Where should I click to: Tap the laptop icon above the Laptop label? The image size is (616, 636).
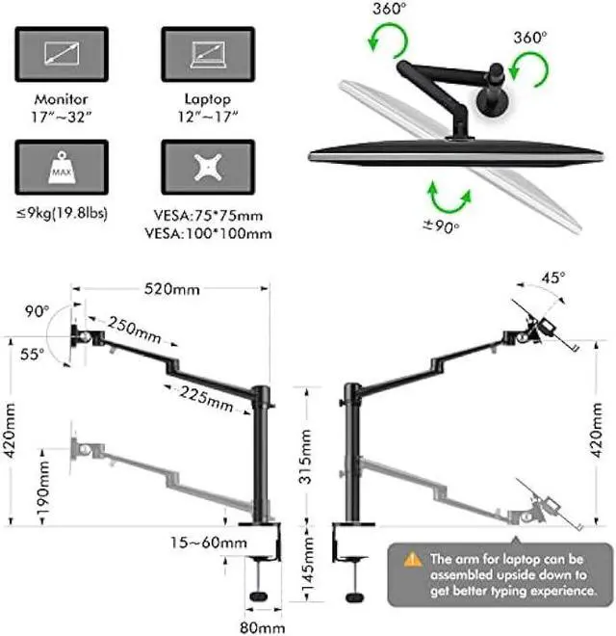click(207, 53)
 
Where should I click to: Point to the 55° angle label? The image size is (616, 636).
click(32, 355)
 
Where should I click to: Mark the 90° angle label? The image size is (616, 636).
click(38, 312)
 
